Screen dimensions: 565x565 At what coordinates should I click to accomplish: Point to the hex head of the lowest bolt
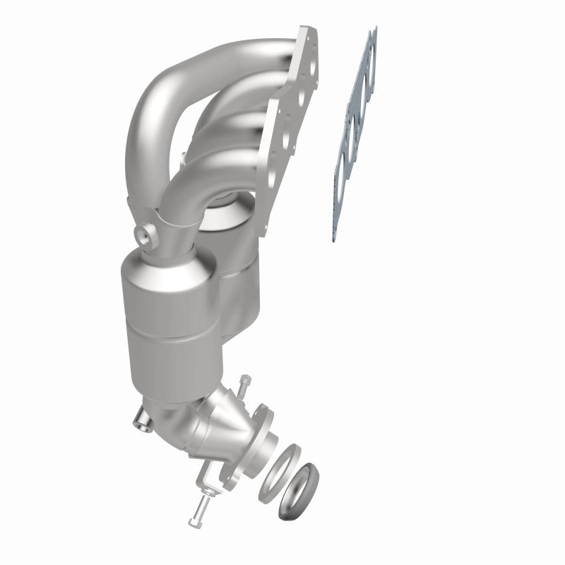(x=193, y=523)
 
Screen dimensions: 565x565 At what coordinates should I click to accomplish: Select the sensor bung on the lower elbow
(x=141, y=423)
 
